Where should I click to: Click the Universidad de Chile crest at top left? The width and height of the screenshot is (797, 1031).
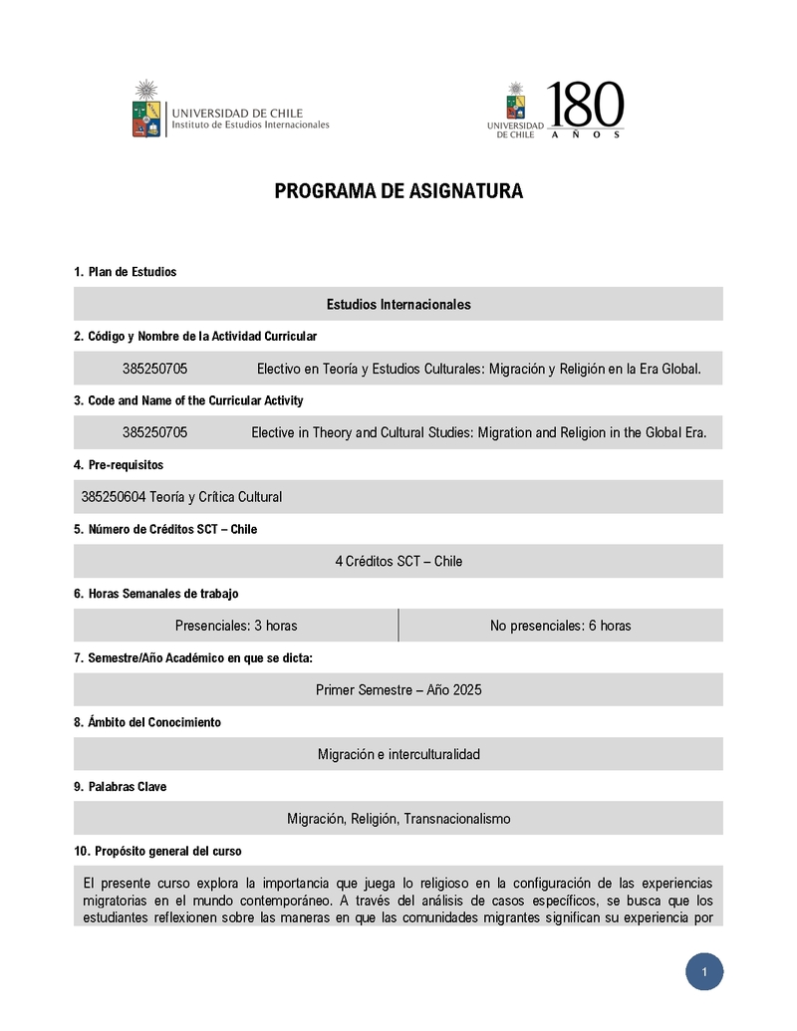[x=146, y=109]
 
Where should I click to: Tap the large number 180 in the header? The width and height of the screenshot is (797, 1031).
[x=585, y=106]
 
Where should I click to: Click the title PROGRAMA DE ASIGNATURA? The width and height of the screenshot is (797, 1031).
[x=398, y=191]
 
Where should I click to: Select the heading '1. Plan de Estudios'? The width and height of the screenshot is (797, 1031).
[x=125, y=272]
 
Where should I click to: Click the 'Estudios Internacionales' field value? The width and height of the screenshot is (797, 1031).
[x=398, y=304]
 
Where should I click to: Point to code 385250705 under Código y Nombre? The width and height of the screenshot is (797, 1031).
[x=154, y=369]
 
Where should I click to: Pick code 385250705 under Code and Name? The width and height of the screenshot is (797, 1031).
[x=154, y=432]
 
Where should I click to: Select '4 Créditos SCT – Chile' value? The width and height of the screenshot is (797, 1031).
[x=398, y=561]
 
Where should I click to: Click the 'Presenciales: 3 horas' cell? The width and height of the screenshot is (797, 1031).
[x=236, y=626]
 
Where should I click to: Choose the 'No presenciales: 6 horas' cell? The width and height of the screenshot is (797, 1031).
[x=560, y=626]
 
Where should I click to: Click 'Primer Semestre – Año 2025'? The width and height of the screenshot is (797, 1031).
[x=398, y=689]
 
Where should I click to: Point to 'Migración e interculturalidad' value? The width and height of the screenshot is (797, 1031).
[x=398, y=754]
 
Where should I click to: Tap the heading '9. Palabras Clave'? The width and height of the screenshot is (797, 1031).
[x=120, y=787]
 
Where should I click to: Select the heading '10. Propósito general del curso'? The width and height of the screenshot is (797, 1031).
[x=157, y=852]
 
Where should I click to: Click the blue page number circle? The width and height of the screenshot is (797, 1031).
[x=703, y=972]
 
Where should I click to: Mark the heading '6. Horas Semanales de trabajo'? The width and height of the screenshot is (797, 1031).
[x=155, y=594]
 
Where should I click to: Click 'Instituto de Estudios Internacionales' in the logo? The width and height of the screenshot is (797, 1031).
[x=250, y=126]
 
